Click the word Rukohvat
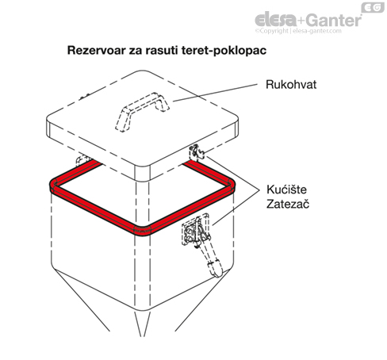(x=291, y=85)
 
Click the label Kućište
(x=286, y=190)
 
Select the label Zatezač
(x=288, y=204)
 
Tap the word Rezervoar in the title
(x=96, y=50)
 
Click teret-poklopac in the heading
(x=224, y=50)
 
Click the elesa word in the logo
(x=276, y=20)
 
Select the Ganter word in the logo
(x=334, y=20)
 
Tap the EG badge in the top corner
(x=373, y=7)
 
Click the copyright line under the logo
(x=298, y=31)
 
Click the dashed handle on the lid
(x=142, y=111)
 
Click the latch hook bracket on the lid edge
(x=196, y=152)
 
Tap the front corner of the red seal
(x=142, y=232)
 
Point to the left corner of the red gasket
(x=54, y=186)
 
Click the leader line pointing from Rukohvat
(x=215, y=93)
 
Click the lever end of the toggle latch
(x=216, y=268)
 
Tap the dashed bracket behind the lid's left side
(x=82, y=159)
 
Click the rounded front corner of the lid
(x=142, y=173)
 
